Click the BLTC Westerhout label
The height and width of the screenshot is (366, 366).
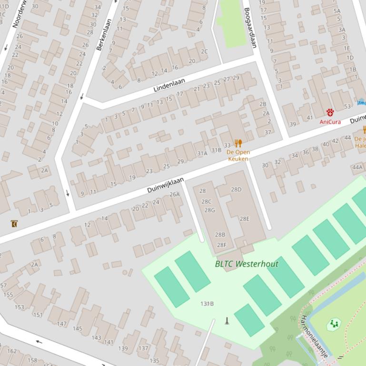click(247, 264)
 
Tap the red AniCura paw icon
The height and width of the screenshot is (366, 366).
click(330, 112)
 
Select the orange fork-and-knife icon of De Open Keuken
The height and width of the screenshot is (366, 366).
click(238, 143)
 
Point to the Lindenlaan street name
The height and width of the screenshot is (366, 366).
click(169, 86)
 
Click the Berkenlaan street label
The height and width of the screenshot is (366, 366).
click(104, 35)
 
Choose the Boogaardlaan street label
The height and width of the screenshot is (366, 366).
click(250, 28)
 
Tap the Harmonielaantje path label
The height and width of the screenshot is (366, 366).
click(315, 336)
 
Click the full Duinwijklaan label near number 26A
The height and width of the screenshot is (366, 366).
click(165, 185)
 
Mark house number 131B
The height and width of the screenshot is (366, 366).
click(207, 304)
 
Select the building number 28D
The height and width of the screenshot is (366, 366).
click(236, 190)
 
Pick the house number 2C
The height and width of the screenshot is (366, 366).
click(204, 51)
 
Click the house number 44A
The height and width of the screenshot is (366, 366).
click(357, 167)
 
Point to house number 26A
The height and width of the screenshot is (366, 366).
click(175, 194)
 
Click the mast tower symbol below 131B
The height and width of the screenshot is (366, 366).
click(227, 321)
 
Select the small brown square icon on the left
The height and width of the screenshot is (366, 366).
click(14, 223)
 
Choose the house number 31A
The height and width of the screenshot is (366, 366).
click(202, 153)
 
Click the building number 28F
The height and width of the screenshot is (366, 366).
click(222, 245)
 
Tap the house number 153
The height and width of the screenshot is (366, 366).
click(19, 307)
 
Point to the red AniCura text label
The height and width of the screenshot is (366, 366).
click(330, 122)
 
